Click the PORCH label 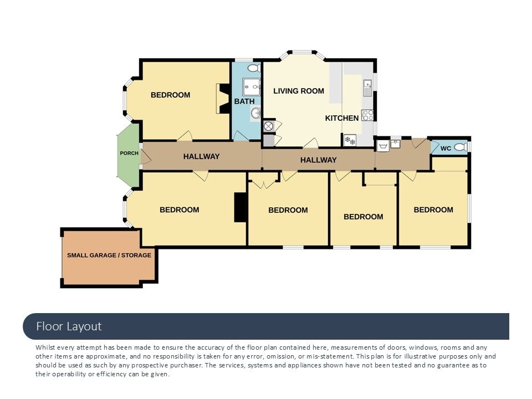[x=129, y=154]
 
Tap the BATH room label [x=244, y=101]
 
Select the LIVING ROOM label [x=299, y=91]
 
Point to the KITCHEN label [x=342, y=118]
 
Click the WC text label [x=446, y=149]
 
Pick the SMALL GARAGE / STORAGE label [x=109, y=255]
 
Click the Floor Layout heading [x=69, y=326]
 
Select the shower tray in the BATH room [x=252, y=87]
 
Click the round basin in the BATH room [x=255, y=112]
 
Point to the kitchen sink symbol [x=367, y=88]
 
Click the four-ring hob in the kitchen [x=367, y=115]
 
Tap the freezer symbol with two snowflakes [x=350, y=140]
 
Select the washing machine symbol [x=383, y=146]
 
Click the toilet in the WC [x=461, y=147]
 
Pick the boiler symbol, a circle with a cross [x=268, y=126]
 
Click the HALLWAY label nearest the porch [x=202, y=156]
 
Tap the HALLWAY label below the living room [x=319, y=160]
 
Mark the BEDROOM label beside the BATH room [x=170, y=95]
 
